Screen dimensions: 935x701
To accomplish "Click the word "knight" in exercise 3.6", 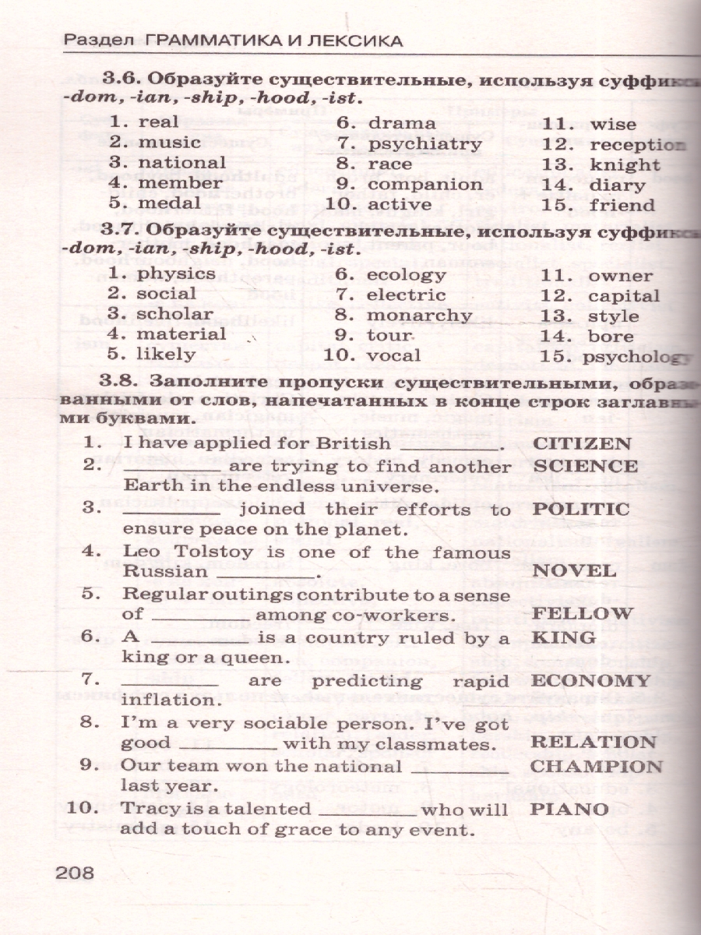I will click(625, 164).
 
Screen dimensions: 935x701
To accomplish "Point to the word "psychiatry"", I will click(424, 144).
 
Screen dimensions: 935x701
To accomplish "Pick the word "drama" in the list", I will click(401, 123).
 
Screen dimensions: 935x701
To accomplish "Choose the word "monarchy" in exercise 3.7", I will click(419, 316).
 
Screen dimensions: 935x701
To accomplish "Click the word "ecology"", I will click(406, 275).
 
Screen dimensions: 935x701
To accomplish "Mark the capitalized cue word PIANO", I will click(569, 809).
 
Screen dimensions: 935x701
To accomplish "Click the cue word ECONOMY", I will click(590, 680).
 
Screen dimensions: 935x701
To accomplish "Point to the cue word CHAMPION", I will click(596, 766).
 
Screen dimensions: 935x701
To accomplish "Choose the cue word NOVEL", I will click(573, 571).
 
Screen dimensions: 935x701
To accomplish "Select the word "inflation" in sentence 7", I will click(162, 700).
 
